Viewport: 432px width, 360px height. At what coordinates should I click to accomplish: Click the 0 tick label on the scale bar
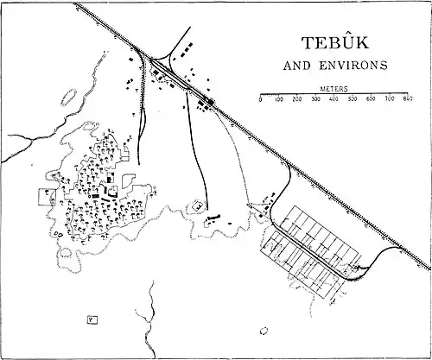(260, 100)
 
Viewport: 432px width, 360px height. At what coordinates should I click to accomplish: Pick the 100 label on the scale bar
(278, 100)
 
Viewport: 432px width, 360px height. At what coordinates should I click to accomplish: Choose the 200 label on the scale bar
(297, 100)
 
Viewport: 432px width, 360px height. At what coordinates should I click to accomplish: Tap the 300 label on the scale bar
(315, 100)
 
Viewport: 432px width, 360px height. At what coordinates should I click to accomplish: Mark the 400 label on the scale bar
(334, 100)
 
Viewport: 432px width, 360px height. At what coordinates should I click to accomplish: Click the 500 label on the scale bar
(353, 100)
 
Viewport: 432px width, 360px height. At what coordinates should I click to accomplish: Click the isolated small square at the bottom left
(90, 319)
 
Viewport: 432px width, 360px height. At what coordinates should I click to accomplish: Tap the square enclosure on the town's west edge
(45, 196)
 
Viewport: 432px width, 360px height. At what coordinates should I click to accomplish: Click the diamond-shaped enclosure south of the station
(199, 206)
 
